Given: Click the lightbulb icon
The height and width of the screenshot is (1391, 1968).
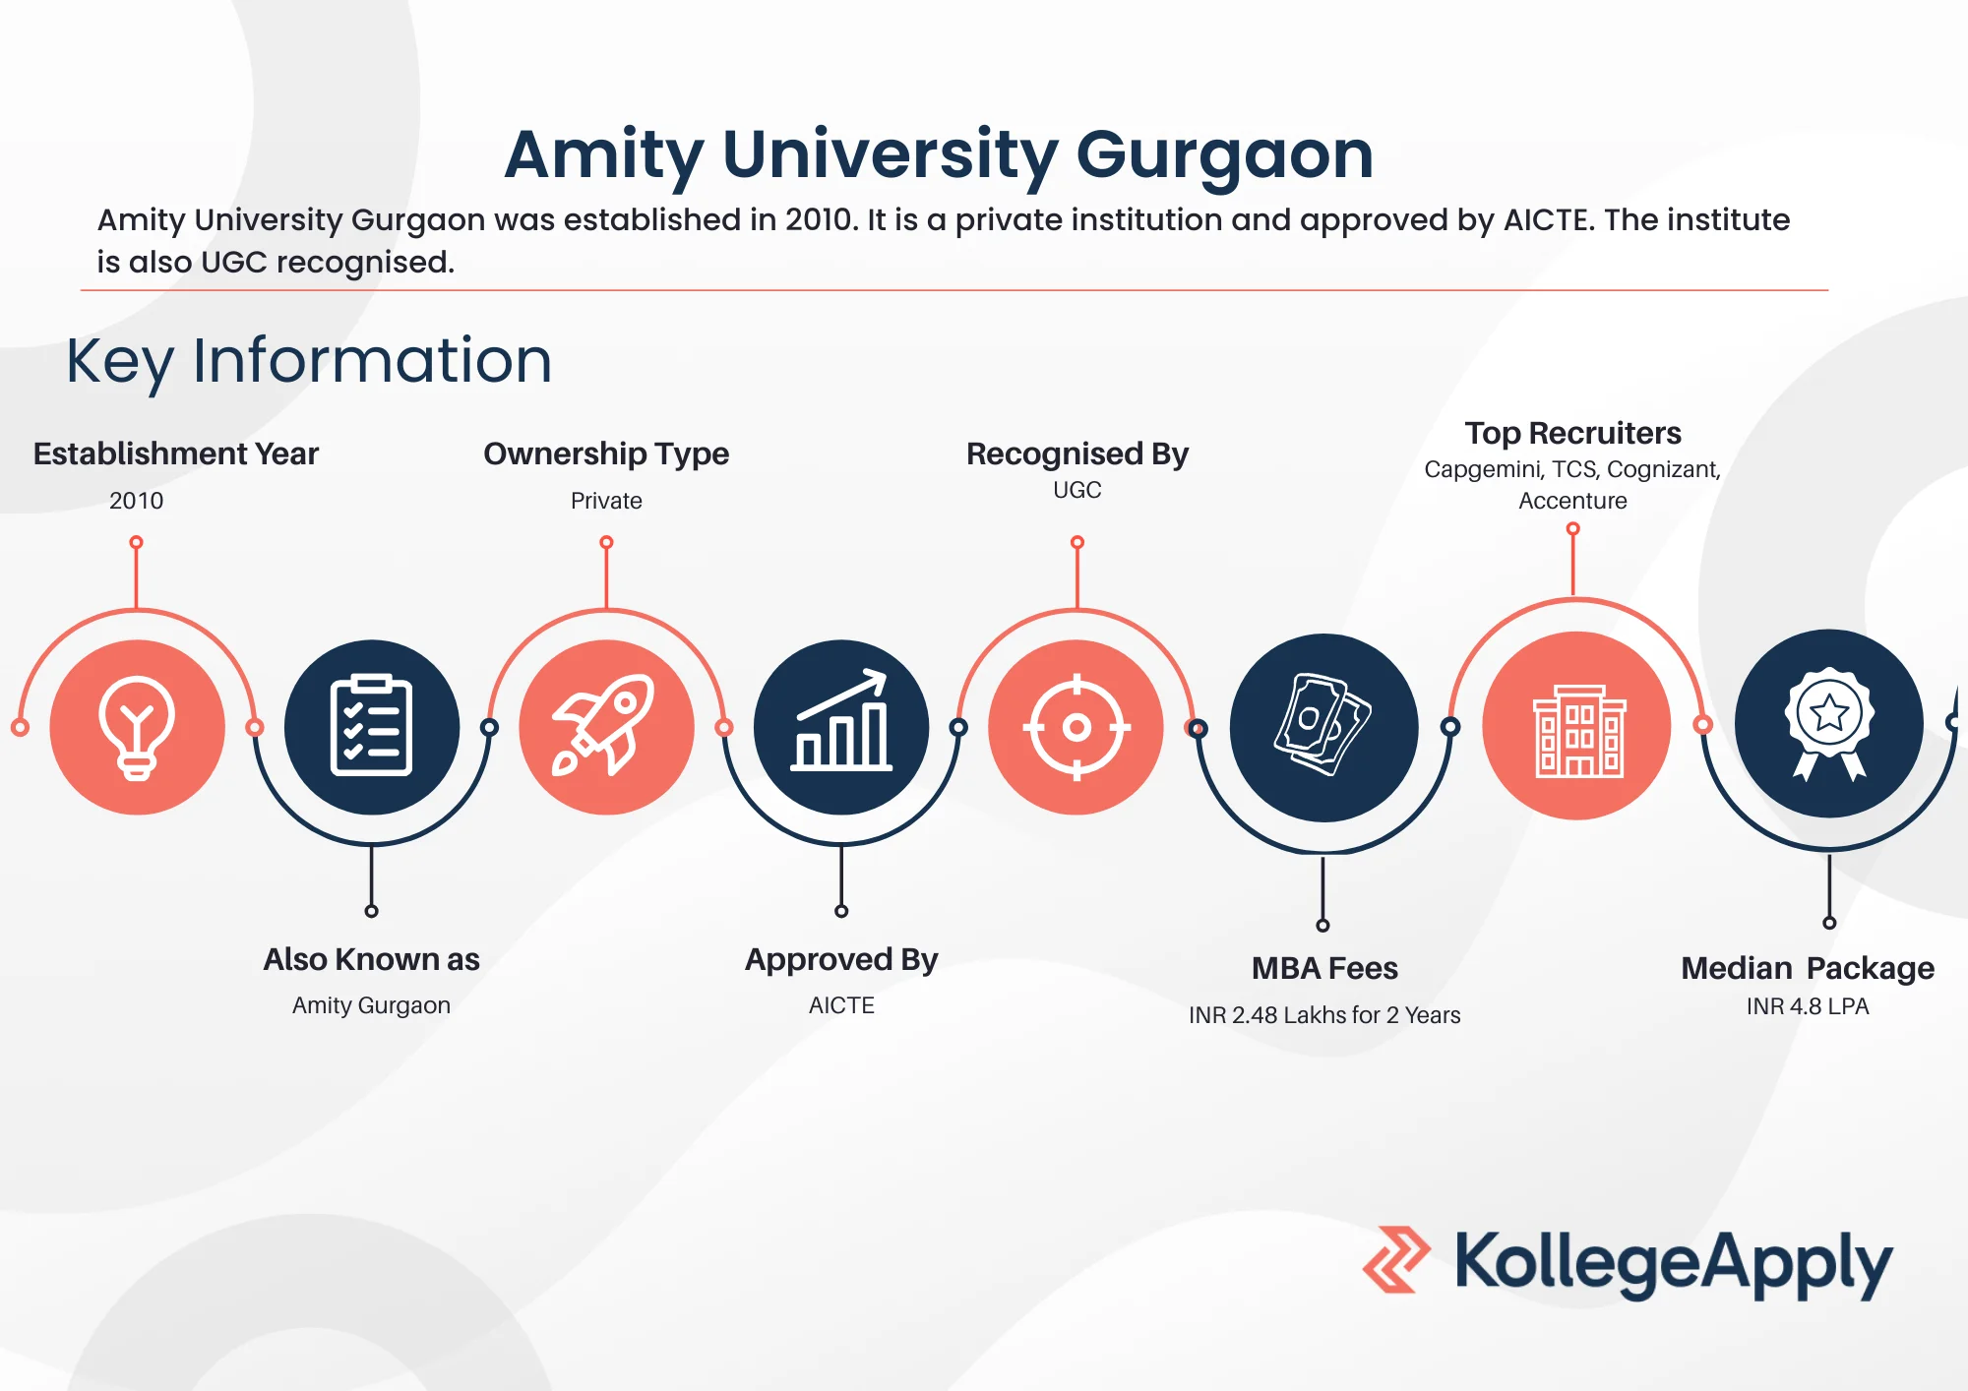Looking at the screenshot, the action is (137, 728).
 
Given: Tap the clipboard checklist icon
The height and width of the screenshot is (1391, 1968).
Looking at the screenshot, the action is (371, 725).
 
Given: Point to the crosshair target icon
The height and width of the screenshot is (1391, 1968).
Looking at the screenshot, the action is (1076, 728).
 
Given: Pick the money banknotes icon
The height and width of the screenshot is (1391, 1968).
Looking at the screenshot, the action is (1322, 724).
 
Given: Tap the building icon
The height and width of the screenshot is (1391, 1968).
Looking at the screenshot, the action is (1578, 730).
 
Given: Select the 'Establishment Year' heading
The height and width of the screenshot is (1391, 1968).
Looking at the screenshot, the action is (176, 454).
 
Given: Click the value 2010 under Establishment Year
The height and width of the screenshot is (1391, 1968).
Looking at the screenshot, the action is (137, 501).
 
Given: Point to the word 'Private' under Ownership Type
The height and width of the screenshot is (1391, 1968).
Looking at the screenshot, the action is (606, 501).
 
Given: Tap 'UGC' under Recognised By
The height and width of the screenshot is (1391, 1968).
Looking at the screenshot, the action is (1077, 490).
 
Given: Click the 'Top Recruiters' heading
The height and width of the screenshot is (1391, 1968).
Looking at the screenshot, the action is (1572, 433).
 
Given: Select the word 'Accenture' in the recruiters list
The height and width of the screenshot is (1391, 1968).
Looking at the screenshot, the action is (1572, 501).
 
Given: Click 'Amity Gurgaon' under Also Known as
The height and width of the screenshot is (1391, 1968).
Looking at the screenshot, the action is (371, 1005).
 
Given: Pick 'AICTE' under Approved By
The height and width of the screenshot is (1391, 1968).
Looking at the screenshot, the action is (841, 1005).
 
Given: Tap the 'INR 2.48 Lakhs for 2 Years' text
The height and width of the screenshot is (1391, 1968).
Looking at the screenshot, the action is (1324, 1015).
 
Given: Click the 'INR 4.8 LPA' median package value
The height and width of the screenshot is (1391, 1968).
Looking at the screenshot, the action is (1808, 1006).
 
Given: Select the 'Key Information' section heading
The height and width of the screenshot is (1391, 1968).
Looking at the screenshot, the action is (309, 361).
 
